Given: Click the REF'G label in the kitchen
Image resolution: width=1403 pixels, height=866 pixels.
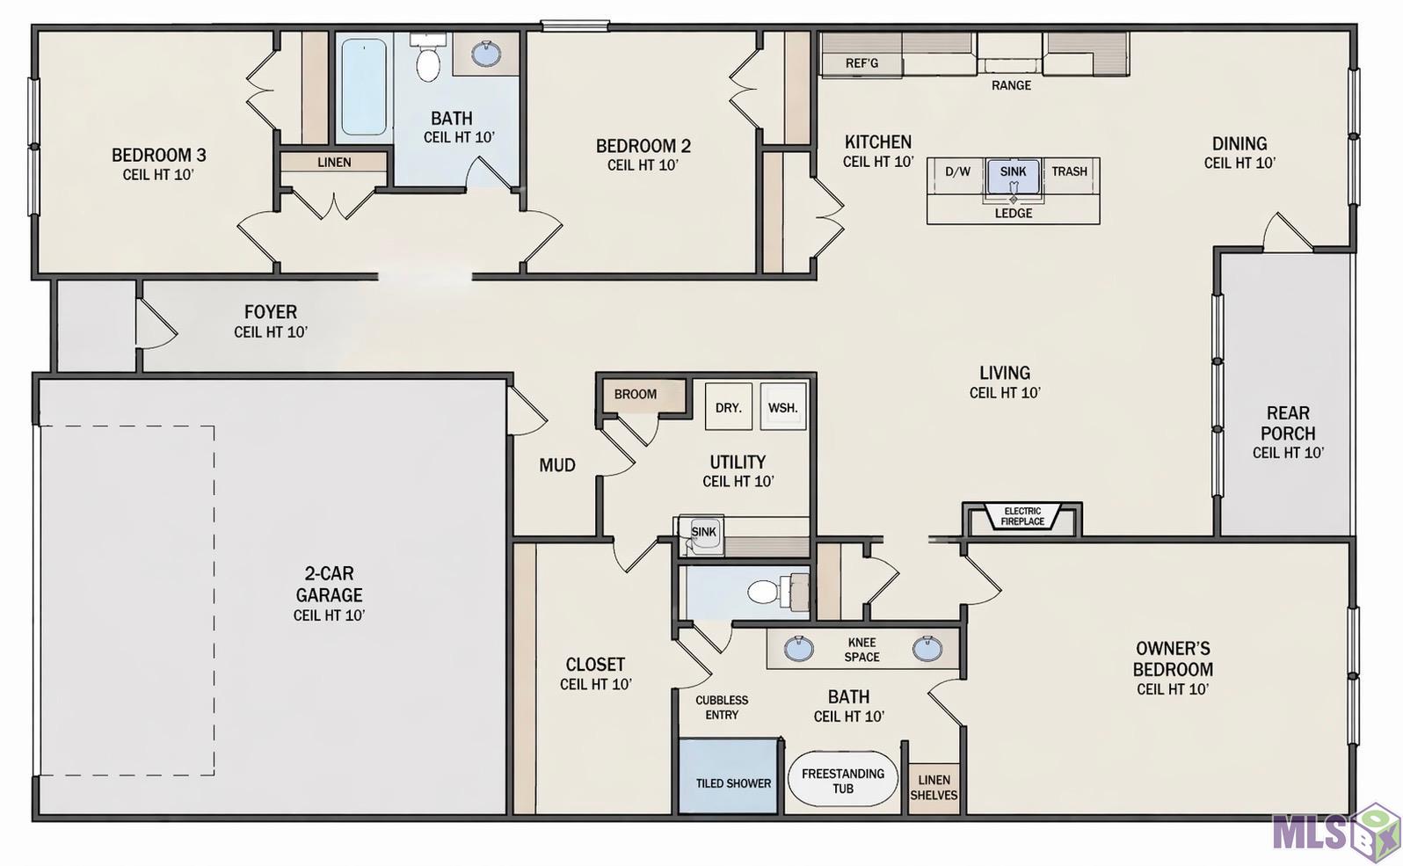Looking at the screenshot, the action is coord(861,63).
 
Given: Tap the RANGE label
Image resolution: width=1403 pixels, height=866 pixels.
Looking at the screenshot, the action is coord(1011,85).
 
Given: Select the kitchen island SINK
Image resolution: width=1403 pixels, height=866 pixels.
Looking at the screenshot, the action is coord(1013,176).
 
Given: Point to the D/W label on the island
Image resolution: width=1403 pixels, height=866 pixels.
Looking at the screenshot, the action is coord(957,171).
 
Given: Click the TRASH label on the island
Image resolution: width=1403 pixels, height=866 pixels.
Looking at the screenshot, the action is coord(1069,171).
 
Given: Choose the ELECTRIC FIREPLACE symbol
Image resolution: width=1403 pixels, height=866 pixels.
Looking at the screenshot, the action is coord(1022,517).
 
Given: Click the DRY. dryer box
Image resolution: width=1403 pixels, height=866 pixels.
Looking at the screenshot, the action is coord(729,407).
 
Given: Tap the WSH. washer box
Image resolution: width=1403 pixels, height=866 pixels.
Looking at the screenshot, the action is coord(783,407).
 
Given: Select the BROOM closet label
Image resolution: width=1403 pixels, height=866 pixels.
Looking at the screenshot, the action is coord(635,394).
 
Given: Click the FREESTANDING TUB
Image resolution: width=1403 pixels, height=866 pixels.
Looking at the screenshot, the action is coord(842,779).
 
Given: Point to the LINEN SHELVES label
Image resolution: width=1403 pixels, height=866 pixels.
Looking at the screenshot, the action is coord(934,788).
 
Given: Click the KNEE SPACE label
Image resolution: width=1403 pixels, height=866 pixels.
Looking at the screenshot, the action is coord(861,649).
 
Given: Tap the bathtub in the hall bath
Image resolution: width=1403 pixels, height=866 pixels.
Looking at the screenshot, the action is coord(364,86).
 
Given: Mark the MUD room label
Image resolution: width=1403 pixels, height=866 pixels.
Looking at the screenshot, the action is coord(556,465).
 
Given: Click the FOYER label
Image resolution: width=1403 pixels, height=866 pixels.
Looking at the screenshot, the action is coord(271,311).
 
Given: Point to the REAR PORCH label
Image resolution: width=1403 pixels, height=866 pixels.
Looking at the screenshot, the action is coord(1288,423).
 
